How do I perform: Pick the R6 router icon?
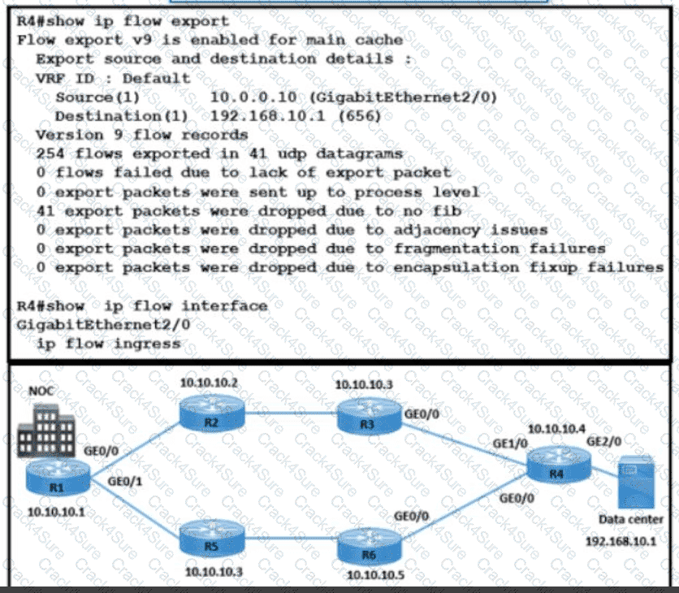pyautogui.click(x=370, y=543)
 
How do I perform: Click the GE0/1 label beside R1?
pyautogui.click(x=123, y=482)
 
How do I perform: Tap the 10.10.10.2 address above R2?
pyautogui.click(x=210, y=382)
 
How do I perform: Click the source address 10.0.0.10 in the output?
pyautogui.click(x=249, y=97)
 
